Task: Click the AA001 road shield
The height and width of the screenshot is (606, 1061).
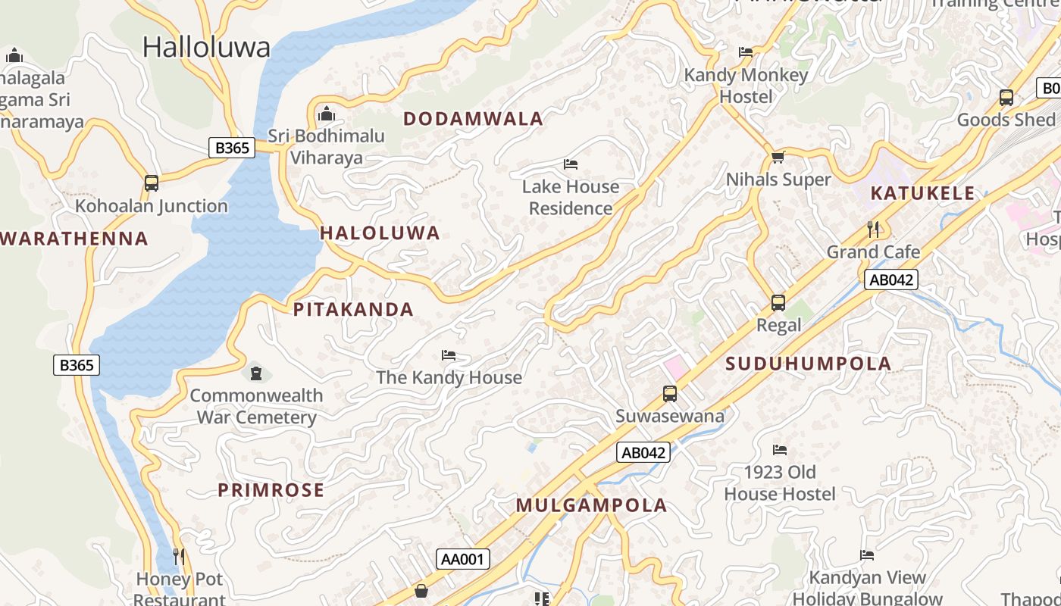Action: (463, 559)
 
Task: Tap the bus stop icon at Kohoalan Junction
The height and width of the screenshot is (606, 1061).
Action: (152, 183)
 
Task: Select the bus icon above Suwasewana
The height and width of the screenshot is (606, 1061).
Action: (669, 394)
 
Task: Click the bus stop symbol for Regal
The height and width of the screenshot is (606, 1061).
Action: (778, 303)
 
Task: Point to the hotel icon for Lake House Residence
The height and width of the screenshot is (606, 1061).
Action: (571, 164)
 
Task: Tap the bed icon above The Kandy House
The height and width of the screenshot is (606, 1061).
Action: (449, 355)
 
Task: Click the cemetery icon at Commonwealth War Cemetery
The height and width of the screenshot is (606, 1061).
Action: (256, 373)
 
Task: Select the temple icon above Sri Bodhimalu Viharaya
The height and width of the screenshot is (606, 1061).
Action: (327, 114)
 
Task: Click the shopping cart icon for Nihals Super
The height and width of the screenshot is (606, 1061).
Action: (778, 158)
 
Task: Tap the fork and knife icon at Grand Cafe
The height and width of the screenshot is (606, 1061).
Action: (873, 229)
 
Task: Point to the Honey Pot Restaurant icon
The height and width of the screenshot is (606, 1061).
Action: (179, 557)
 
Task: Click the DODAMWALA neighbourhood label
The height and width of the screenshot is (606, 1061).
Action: (473, 119)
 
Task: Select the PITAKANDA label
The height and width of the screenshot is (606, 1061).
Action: (353, 309)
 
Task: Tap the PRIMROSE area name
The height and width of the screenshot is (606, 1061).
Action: (271, 490)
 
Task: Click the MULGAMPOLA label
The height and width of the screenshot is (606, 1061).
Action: (591, 505)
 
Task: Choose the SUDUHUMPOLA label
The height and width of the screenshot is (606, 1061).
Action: (808, 364)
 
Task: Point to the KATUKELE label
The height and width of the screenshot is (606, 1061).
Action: (922, 193)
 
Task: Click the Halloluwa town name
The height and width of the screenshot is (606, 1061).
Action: (206, 47)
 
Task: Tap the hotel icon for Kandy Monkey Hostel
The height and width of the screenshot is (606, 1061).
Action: (746, 52)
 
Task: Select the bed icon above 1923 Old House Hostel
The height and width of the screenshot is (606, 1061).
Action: (779, 450)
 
